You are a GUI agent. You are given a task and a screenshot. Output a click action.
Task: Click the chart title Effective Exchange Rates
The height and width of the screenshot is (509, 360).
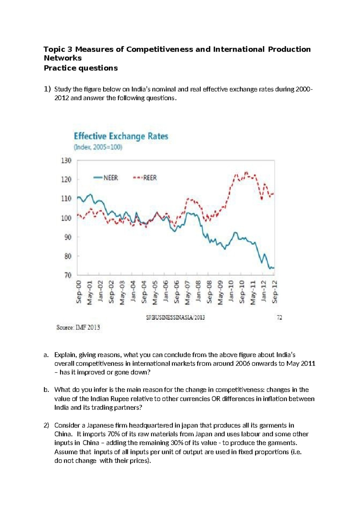point(121,136)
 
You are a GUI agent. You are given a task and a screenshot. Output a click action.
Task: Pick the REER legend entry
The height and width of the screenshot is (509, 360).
point(145,178)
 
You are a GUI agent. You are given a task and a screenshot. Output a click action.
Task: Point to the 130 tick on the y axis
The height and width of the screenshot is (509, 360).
point(66,161)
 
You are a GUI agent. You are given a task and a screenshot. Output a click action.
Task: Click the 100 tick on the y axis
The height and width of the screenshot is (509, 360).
point(66,218)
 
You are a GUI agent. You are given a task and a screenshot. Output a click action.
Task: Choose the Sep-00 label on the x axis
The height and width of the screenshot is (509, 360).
point(79,292)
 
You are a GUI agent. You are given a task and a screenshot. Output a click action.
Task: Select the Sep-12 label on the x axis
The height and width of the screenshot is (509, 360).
point(274,292)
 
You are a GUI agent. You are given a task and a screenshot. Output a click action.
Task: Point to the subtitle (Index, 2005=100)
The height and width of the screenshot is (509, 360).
point(98,147)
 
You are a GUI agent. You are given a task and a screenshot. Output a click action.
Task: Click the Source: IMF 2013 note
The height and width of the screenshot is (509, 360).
point(78,327)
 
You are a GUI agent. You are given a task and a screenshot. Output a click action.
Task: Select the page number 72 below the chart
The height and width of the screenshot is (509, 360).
point(279,318)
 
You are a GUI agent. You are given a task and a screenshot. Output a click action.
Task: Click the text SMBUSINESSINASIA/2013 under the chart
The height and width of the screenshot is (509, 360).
point(175,318)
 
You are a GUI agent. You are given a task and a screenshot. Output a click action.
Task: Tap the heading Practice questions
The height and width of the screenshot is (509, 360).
point(81,68)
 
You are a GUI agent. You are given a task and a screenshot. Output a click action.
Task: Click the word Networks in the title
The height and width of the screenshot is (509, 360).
point(63,58)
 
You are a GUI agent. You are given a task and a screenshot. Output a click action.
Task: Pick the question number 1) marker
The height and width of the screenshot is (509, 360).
point(47,89)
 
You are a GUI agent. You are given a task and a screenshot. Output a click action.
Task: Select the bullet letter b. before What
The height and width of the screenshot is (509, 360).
point(46,390)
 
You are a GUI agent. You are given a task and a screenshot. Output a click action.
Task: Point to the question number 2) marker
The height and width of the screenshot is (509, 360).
point(46,425)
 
